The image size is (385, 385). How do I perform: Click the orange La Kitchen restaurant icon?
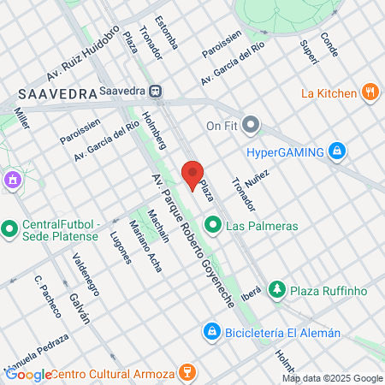pyautogui.click(x=370, y=92)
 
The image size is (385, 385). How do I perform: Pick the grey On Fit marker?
pyautogui.click(x=251, y=126)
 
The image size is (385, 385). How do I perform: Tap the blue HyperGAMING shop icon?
pyautogui.click(x=338, y=151)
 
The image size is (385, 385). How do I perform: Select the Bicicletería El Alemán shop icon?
pyautogui.click(x=210, y=331)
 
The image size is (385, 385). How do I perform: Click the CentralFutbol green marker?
pyautogui.click(x=10, y=228)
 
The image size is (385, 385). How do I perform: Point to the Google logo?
pyautogui.click(x=29, y=374)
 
